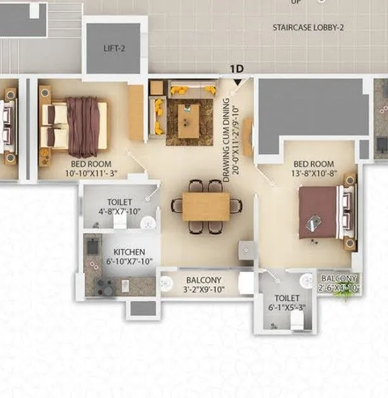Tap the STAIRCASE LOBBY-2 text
[x=307, y=27]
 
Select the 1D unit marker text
[x=237, y=68]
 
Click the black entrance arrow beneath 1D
[x=237, y=80]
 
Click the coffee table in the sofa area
[x=189, y=120]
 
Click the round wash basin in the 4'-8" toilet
[x=148, y=222]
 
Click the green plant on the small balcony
[x=344, y=293]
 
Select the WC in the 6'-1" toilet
[x=295, y=321]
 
